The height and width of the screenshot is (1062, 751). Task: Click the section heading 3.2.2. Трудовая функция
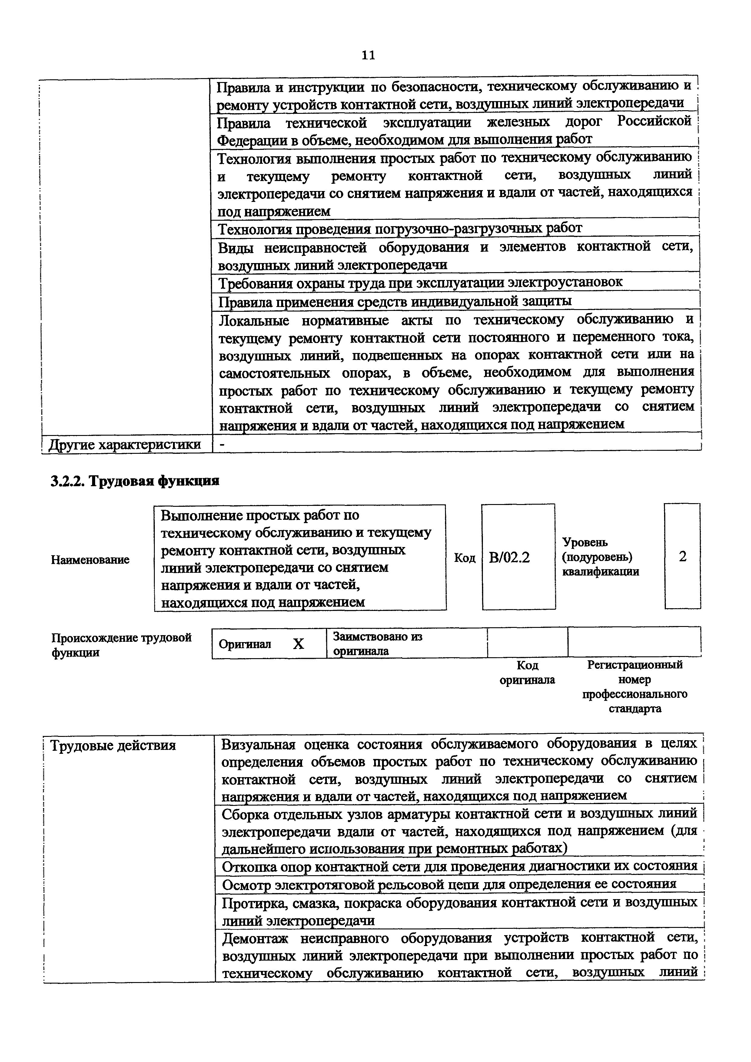[x=135, y=481]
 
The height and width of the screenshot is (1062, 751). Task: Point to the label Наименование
[x=90, y=560]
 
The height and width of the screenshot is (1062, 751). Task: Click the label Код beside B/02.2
[x=465, y=558]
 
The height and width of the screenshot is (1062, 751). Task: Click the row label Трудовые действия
[x=113, y=746]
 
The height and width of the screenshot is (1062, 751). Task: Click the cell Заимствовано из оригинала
[x=377, y=643]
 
